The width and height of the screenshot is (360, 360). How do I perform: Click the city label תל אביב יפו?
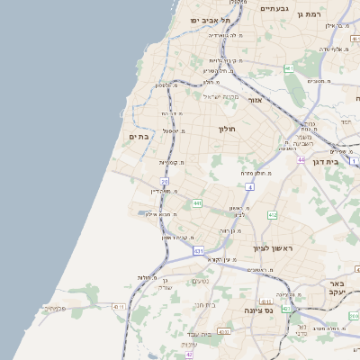211,20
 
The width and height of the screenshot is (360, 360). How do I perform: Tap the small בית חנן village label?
206,305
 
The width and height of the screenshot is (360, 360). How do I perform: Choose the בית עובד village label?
214,334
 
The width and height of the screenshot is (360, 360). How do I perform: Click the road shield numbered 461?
289,68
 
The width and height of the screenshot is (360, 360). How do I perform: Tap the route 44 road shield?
302,159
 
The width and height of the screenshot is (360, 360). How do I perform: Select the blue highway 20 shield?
165,182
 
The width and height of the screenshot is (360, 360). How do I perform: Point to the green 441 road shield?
197,204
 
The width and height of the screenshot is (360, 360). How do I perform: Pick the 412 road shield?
273,215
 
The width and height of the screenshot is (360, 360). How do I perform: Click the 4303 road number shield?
222,332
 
